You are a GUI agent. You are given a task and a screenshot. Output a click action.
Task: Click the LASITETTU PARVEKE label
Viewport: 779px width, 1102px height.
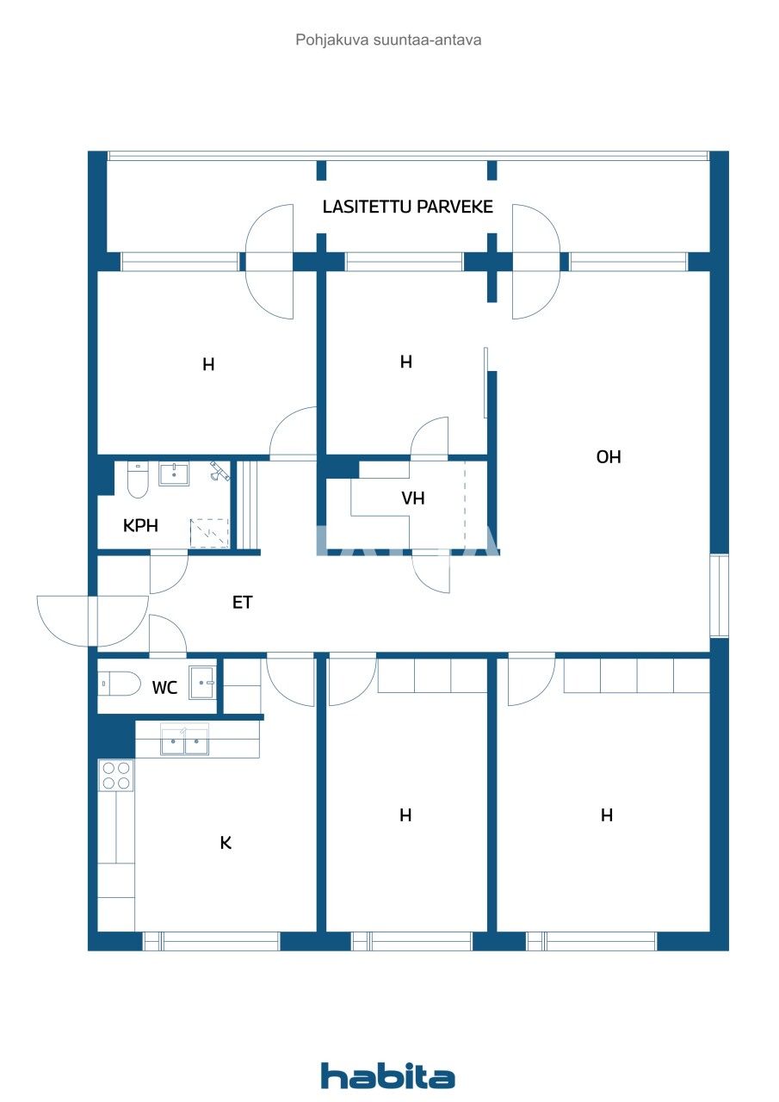click(x=407, y=207)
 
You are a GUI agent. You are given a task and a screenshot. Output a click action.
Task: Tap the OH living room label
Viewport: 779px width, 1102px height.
click(x=609, y=457)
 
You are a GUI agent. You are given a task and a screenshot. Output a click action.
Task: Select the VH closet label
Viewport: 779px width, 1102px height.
click(x=412, y=498)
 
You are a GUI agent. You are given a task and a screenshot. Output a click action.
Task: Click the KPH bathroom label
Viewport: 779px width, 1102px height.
click(x=140, y=526)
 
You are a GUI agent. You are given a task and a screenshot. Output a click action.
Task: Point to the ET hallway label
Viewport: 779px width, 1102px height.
click(x=243, y=603)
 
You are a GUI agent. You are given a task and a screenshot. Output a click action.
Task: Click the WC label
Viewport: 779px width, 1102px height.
click(x=164, y=688)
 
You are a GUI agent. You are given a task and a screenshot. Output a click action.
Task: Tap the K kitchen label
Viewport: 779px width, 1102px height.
click(x=226, y=843)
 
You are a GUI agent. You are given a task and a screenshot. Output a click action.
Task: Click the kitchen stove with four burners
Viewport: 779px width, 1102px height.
click(x=115, y=776)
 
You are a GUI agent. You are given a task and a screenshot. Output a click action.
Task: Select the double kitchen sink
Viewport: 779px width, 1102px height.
click(x=185, y=741)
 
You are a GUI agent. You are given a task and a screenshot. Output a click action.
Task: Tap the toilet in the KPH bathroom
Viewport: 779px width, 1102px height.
click(x=138, y=480)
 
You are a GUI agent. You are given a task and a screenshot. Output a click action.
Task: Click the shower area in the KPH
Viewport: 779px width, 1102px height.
click(x=210, y=533)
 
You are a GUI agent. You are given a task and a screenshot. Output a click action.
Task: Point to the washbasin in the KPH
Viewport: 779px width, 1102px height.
click(x=175, y=474)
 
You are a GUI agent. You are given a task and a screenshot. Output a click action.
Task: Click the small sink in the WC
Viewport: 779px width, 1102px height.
click(x=203, y=684)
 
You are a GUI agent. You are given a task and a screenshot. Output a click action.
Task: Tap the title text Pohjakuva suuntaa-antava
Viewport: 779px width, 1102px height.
click(x=388, y=40)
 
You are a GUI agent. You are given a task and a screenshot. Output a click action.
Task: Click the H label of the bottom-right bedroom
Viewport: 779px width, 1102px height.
click(x=607, y=815)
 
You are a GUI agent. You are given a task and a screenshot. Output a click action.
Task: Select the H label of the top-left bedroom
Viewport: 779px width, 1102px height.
click(x=208, y=365)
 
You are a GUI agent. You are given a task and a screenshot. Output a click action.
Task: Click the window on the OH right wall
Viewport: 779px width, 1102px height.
click(x=719, y=596)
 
